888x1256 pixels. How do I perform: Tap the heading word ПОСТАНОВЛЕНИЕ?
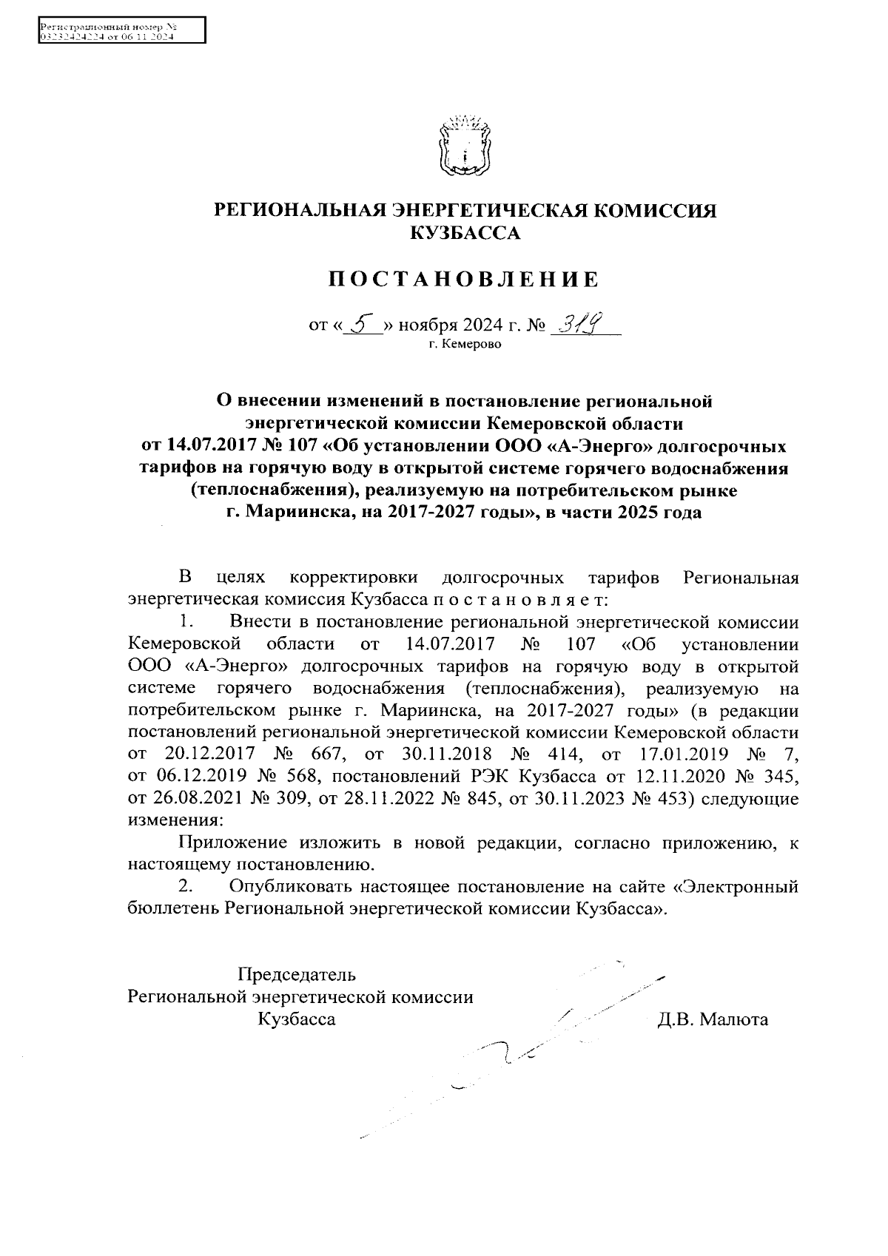pyautogui.click(x=463, y=280)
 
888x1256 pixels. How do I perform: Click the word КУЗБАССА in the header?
pyautogui.click(x=465, y=234)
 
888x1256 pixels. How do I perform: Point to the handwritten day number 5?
pyautogui.click(x=362, y=323)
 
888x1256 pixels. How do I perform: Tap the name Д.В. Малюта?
pyautogui.click(x=713, y=1020)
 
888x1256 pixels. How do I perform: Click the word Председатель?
pyautogui.click(x=297, y=974)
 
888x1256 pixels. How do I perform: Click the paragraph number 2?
pyautogui.click(x=187, y=886)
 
